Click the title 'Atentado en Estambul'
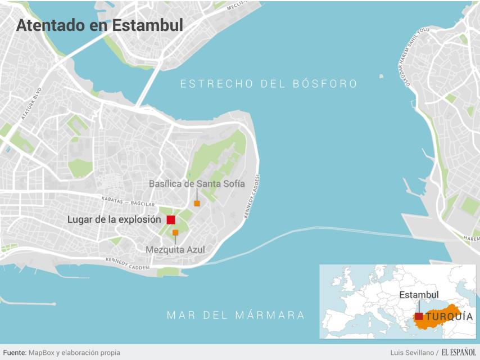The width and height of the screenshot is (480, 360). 99,25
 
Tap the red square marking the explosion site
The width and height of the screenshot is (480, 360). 171,220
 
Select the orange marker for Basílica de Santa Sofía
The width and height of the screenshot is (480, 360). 197,203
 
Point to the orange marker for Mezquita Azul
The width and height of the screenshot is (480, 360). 175,232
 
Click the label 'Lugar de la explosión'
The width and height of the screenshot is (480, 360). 114,219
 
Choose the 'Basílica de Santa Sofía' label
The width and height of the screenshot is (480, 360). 197,184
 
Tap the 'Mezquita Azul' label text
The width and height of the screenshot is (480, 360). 175,249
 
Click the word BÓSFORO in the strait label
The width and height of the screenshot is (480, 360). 325,84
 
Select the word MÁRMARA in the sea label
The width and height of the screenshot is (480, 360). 273,315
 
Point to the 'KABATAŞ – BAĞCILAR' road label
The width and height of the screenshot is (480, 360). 128,200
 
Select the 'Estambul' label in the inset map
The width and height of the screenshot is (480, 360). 419,295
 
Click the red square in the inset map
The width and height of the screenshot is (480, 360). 419,316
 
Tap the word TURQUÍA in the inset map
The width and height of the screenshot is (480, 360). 449,317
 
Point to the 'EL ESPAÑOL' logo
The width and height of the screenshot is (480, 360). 458,352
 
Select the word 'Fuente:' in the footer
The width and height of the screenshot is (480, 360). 15,352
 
